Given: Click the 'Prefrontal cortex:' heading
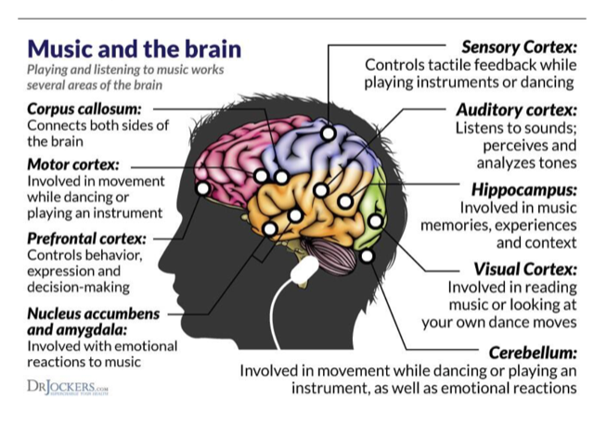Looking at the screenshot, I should pyautogui.click(x=87, y=238).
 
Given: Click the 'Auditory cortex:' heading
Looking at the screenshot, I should pyautogui.click(x=517, y=109).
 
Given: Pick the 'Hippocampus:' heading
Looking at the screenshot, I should pyautogui.click(x=525, y=188).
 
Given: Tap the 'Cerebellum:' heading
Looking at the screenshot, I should pyautogui.click(x=532, y=352).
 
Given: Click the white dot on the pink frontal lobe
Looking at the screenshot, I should pyautogui.click(x=203, y=188).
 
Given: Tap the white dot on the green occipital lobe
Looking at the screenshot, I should pyautogui.click(x=375, y=221).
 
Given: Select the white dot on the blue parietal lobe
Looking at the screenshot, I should pyautogui.click(x=328, y=133).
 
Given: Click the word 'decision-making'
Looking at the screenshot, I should pyautogui.click(x=79, y=288).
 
